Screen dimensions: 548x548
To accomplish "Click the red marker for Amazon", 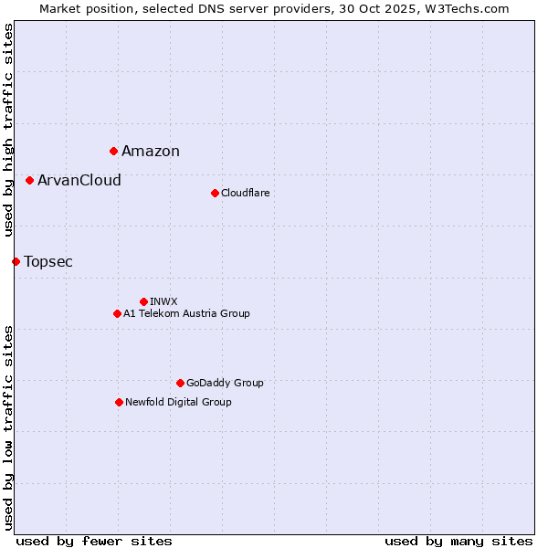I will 113,151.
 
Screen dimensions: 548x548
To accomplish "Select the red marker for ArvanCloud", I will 29,180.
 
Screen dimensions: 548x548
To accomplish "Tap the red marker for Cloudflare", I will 215,193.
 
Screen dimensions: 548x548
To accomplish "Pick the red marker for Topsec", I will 16,261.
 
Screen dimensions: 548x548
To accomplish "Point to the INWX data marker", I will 143,301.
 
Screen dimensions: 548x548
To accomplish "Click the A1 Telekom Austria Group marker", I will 117,313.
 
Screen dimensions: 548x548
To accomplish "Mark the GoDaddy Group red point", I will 180,383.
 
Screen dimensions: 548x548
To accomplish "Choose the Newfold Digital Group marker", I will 119,402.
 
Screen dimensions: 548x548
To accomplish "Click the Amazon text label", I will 151,152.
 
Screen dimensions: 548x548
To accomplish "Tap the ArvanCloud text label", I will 79,181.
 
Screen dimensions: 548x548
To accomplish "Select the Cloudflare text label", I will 246,193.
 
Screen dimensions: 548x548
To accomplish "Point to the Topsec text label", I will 48,262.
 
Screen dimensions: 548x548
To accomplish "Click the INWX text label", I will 163,301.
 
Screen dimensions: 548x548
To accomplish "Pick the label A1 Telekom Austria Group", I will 186,313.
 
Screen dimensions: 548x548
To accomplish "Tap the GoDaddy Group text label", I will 225,383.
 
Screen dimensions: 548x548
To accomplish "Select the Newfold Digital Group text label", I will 178,402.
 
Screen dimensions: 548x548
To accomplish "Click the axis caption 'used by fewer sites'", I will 94,541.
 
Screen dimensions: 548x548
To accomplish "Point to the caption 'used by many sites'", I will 458,541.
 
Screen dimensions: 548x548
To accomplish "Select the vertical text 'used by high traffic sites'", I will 8,130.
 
